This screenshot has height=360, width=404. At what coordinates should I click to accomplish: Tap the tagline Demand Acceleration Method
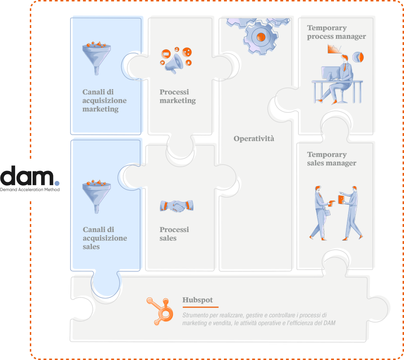(x=30, y=189)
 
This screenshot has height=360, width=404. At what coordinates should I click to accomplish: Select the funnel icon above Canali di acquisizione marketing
(x=96, y=58)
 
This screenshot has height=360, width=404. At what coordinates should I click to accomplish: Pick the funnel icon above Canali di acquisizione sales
(x=96, y=197)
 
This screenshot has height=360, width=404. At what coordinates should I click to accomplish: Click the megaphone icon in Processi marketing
(x=174, y=63)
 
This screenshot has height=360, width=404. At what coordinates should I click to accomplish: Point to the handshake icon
(x=177, y=206)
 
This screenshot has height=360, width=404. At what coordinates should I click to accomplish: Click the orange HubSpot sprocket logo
(x=160, y=311)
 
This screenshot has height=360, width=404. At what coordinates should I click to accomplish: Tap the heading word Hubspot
(x=198, y=300)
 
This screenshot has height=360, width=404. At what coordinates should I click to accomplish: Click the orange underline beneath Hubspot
(x=200, y=307)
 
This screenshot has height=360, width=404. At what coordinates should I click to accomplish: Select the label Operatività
(x=254, y=139)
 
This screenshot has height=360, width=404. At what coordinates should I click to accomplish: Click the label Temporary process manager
(x=336, y=32)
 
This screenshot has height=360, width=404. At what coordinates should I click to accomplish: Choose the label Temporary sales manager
(x=332, y=159)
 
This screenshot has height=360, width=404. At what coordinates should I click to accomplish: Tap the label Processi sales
(x=174, y=234)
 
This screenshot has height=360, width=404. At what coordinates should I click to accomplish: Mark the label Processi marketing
(x=178, y=96)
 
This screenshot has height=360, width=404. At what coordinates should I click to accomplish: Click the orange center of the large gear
(x=261, y=37)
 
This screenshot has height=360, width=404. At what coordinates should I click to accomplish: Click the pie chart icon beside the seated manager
(x=358, y=57)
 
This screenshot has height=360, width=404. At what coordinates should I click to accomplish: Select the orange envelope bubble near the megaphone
(x=166, y=54)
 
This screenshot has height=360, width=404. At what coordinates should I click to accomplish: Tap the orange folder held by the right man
(x=341, y=200)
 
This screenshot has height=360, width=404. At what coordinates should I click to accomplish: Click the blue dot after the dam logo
(x=57, y=183)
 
